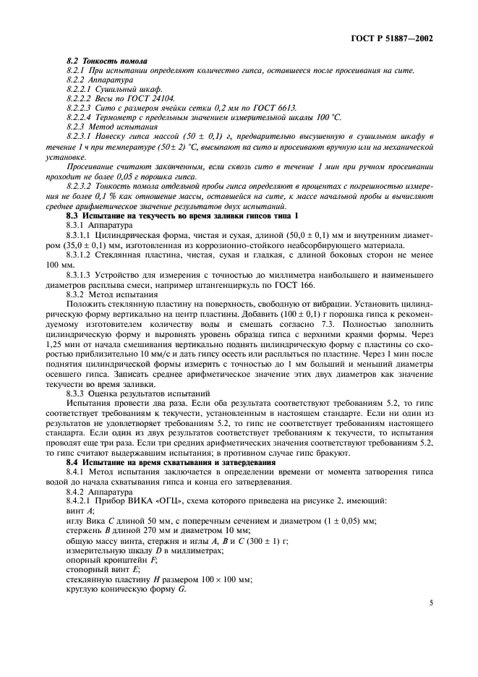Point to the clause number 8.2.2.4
pos(80,116)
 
